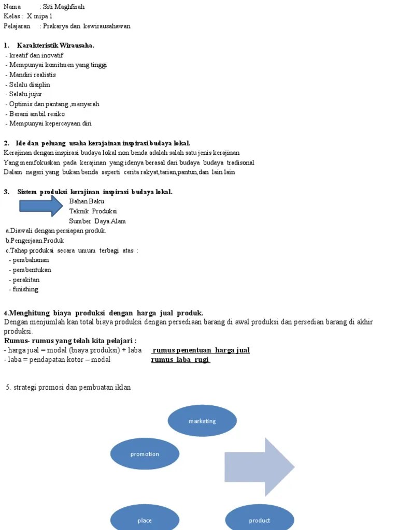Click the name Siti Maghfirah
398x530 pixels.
(x=64, y=7)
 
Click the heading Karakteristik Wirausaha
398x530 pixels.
(x=55, y=46)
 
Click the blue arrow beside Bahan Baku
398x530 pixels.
(x=41, y=206)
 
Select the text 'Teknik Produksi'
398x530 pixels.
(x=93, y=211)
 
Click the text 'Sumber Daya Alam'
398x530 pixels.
(x=97, y=221)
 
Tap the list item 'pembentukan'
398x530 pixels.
(x=32, y=270)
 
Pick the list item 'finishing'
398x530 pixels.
(x=25, y=289)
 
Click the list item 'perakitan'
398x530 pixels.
(x=26, y=279)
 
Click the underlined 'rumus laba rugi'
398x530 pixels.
(x=181, y=360)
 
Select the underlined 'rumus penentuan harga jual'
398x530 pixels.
(x=201, y=350)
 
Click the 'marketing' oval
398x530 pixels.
(x=202, y=421)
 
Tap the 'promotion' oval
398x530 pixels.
(x=145, y=454)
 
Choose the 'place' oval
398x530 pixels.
(x=145, y=520)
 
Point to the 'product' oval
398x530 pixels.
(x=259, y=520)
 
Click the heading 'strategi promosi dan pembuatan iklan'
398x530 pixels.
(x=68, y=388)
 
